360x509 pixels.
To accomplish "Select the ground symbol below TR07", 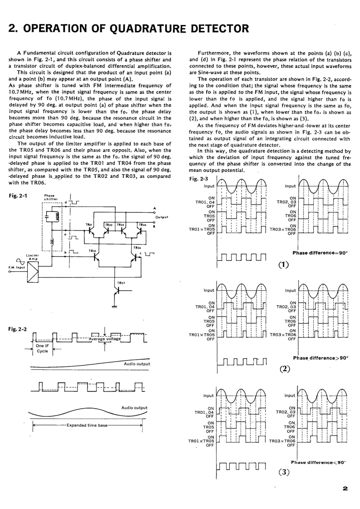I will [114, 307].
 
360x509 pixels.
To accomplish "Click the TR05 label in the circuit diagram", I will [92, 250].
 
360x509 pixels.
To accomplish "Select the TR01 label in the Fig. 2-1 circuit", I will [89, 224].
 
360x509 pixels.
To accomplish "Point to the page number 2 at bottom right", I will [345, 489].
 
